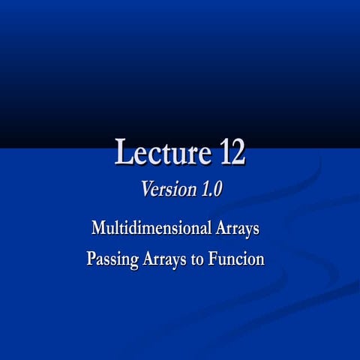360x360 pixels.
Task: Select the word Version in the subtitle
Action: [168, 190]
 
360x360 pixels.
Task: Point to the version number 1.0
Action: [211, 190]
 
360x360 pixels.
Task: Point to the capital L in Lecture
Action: [123, 152]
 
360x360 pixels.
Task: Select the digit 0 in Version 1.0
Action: [217, 190]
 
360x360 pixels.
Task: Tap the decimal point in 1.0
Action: [210, 194]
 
